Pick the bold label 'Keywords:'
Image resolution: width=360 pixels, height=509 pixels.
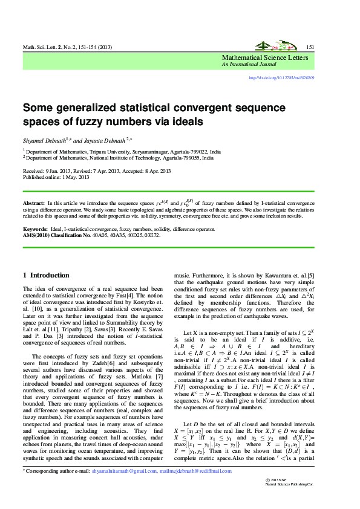pos(35,230)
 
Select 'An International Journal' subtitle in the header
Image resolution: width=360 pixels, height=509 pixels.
pos(247,64)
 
